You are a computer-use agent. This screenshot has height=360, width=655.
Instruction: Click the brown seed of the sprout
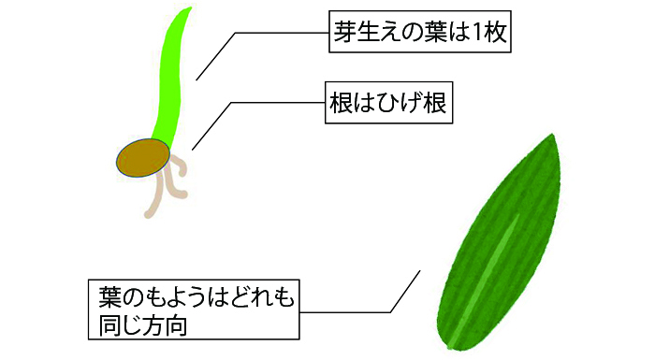[143, 158]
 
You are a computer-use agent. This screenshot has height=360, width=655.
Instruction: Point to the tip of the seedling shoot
[190, 8]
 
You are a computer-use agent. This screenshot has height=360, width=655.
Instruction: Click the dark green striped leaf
[498, 243]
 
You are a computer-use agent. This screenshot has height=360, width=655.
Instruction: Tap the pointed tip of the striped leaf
[553, 135]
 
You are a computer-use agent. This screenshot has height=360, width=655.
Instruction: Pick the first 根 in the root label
[342, 103]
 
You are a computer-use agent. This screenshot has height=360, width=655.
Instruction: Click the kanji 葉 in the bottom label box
[109, 297]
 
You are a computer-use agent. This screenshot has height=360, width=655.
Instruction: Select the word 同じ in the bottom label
[121, 325]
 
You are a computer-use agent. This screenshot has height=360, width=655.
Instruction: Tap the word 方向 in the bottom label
[166, 325]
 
